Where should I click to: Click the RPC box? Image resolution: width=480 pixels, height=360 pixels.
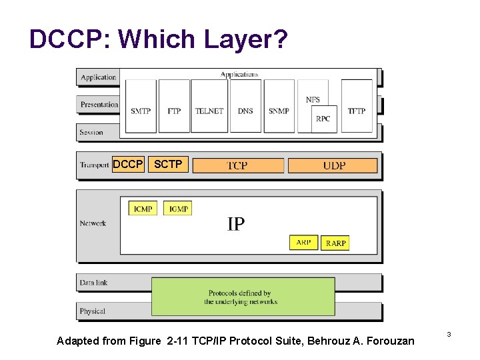pos(323,119)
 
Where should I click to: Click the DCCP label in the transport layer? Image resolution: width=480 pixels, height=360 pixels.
pos(127,163)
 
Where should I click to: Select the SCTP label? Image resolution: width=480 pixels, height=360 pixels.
pos(168,163)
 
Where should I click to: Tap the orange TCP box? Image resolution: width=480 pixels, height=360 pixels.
pos(238,165)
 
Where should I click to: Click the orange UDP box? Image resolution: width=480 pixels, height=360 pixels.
pos(333,165)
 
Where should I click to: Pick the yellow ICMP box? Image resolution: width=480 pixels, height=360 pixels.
pos(143,209)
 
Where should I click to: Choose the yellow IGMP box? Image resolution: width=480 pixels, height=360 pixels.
pos(178,209)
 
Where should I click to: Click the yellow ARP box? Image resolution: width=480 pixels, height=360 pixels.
pos(303,243)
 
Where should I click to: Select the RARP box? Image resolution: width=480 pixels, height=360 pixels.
pos(335,243)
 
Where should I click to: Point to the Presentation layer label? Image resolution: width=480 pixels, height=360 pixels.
pos(99,105)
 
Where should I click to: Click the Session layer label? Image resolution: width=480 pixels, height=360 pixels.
pos(91,132)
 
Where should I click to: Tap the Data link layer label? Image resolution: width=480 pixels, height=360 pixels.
pos(93,283)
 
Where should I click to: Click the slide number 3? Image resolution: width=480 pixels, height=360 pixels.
pos(449,333)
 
